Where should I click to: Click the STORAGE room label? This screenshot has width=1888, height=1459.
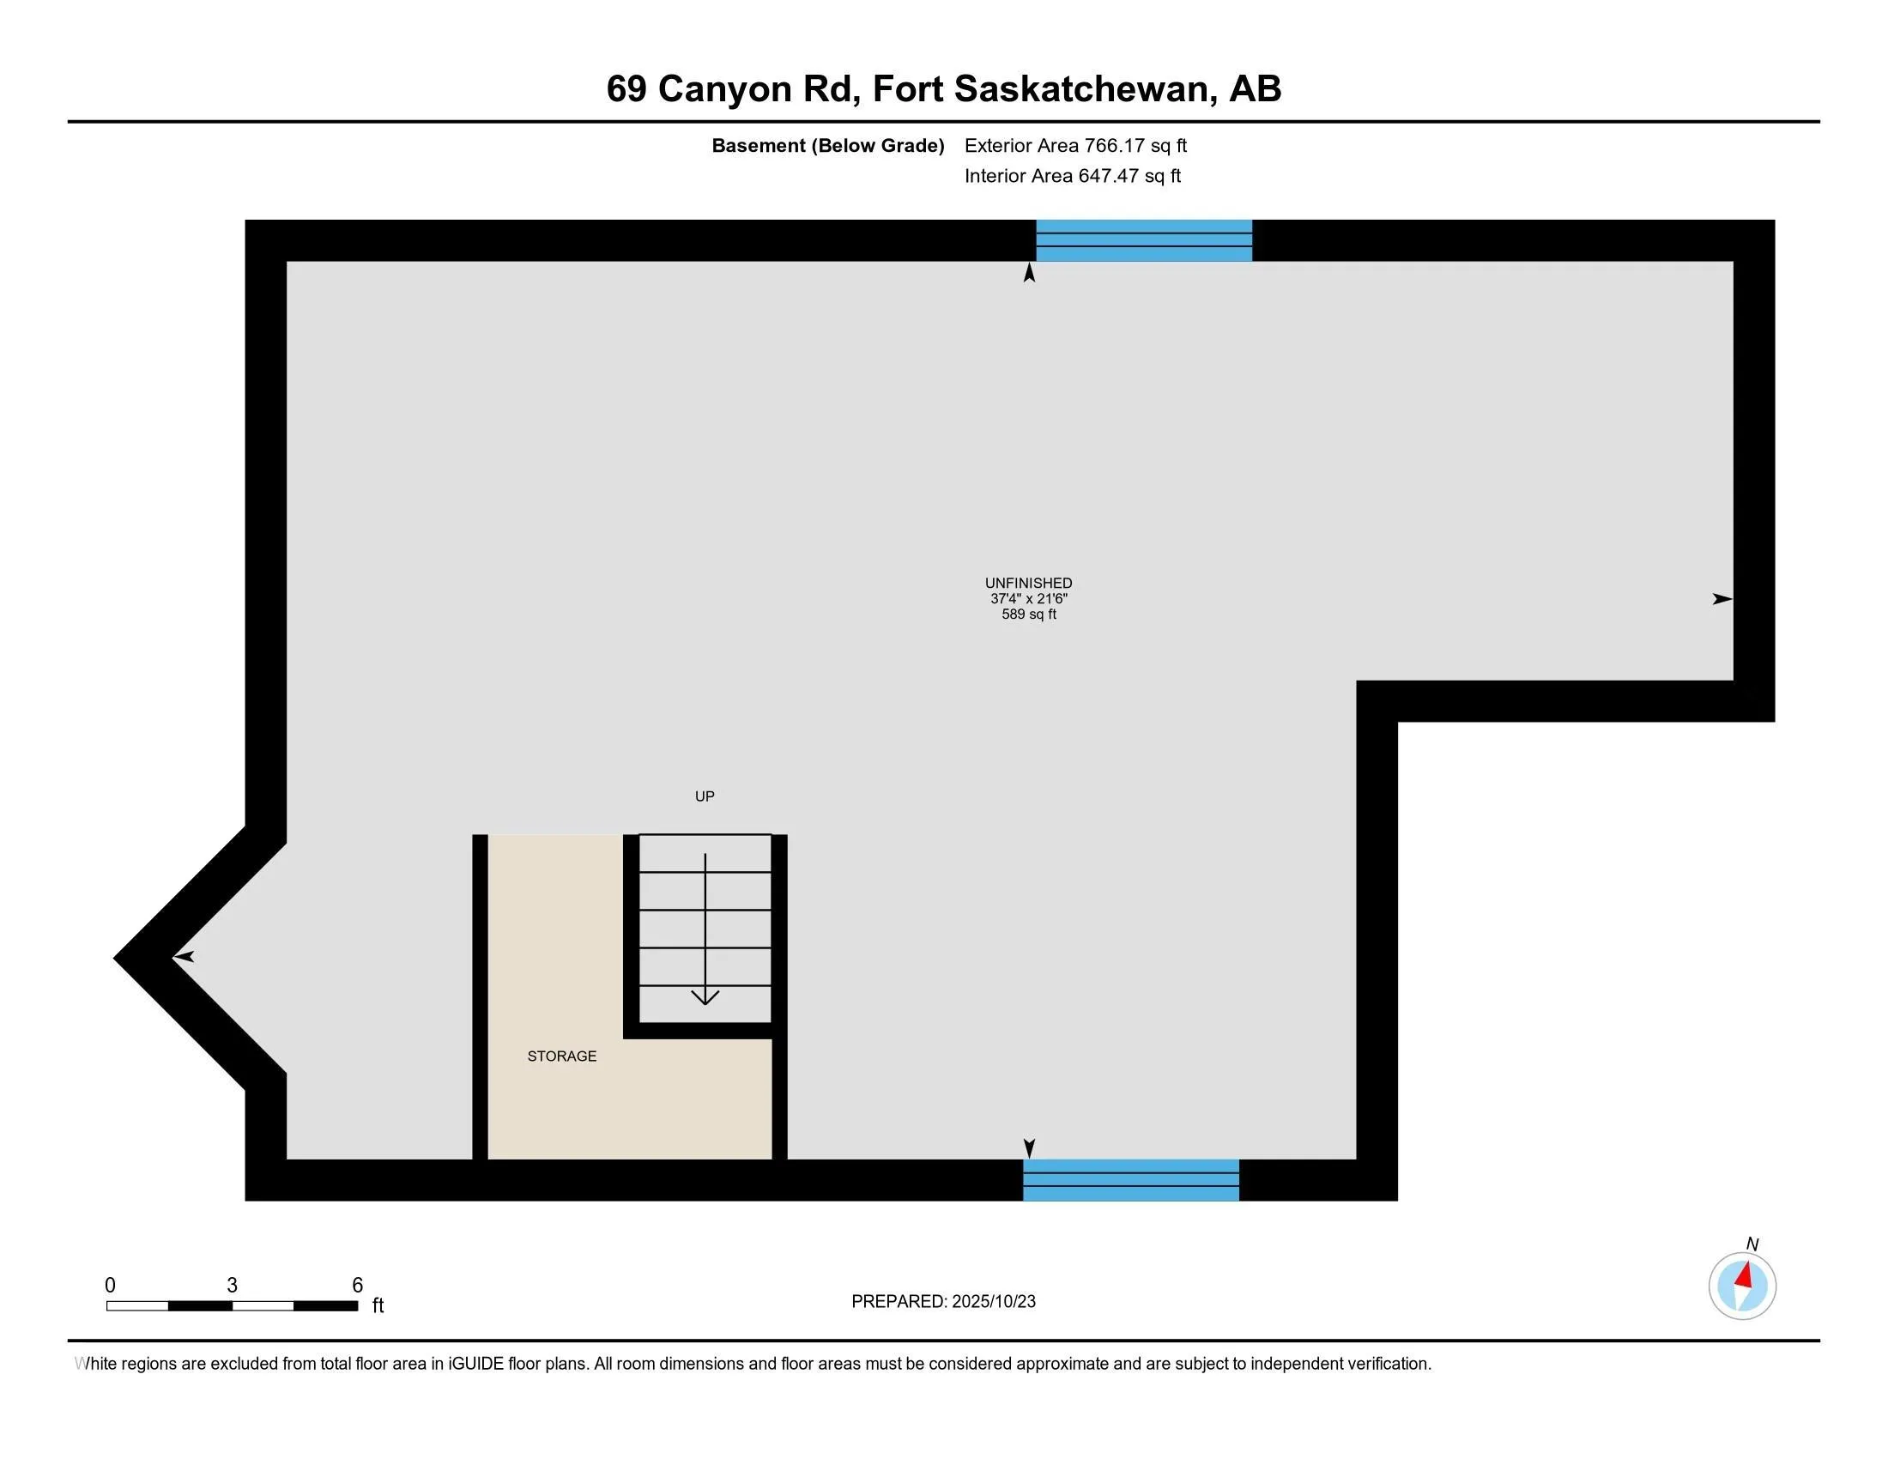coord(562,1056)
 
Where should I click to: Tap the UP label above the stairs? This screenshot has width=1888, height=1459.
coord(705,796)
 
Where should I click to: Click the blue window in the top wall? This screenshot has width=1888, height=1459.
coord(1144,240)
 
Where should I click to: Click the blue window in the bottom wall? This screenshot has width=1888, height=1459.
coord(1131,1180)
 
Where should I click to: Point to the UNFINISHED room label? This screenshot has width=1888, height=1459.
coord(1028,584)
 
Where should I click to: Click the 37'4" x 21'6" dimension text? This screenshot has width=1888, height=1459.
coord(1028,599)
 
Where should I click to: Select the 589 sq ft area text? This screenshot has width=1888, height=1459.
coord(1028,614)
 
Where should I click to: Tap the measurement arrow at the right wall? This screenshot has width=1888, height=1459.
coord(1722,599)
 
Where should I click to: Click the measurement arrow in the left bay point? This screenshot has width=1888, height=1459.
coord(185,957)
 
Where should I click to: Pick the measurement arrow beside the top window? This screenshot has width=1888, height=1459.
coord(1029,273)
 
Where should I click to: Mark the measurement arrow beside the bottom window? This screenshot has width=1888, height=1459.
coord(1029,1147)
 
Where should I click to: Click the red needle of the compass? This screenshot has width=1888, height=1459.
coord(1746,1275)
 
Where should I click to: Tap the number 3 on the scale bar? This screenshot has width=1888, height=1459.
coord(232,1286)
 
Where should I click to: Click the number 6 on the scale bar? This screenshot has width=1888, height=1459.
coord(357,1286)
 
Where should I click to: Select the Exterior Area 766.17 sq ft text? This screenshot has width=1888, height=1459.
coord(1075,146)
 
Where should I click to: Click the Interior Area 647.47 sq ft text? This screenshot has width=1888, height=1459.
coord(1072,176)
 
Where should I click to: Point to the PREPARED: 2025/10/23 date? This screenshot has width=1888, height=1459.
coord(943,1302)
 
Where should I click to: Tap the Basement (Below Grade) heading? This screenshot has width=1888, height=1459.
coord(827,146)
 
